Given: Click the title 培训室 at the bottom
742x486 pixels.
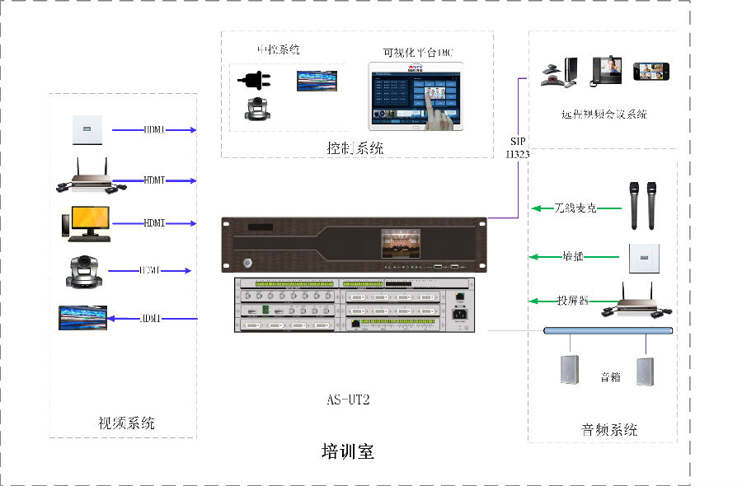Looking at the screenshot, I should (347, 451).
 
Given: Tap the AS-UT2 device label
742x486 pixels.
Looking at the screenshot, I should (348, 400).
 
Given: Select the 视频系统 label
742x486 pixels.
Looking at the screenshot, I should (126, 423).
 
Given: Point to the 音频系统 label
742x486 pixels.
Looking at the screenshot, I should (609, 429).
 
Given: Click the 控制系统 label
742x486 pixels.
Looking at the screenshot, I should (355, 148).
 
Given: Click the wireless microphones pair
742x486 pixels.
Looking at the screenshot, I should (641, 206).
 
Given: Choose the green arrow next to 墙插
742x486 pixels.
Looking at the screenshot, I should (544, 256).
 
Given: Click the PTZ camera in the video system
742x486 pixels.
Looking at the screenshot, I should (84, 271).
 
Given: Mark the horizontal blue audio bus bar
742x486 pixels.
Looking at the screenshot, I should (608, 330).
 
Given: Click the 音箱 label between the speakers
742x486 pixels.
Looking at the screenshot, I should (610, 377).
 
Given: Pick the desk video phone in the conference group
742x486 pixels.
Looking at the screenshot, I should (605, 71).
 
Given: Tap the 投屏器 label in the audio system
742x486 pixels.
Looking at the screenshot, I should (572, 301).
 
